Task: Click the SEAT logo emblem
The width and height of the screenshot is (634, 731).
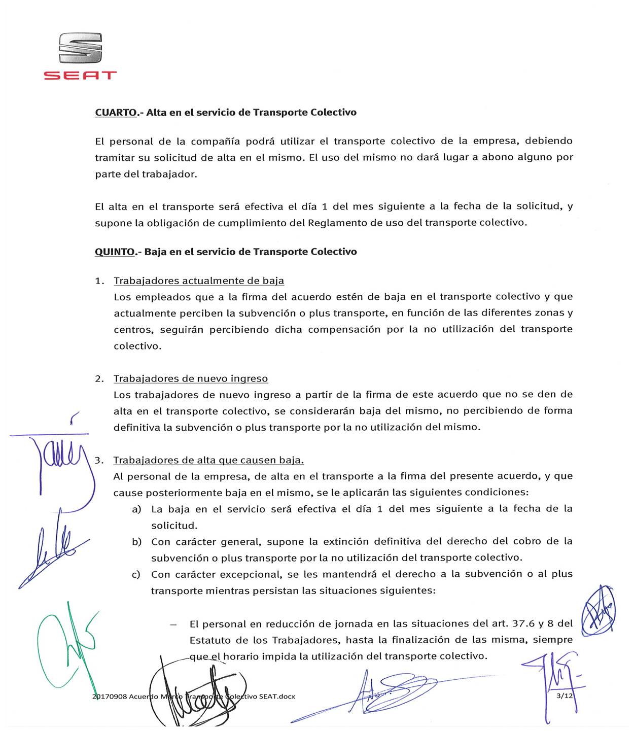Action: click(80, 48)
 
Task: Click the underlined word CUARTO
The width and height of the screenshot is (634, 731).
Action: click(116, 113)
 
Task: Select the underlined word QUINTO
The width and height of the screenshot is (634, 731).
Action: click(115, 252)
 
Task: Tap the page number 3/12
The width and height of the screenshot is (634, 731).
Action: click(565, 695)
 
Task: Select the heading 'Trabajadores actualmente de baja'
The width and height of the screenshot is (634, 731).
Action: click(199, 281)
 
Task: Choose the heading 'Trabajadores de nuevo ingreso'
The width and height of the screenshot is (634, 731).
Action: click(191, 379)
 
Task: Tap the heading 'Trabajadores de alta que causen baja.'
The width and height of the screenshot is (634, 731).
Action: click(208, 461)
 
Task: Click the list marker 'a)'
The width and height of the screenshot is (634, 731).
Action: click(136, 509)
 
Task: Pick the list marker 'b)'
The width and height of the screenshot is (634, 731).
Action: click(136, 542)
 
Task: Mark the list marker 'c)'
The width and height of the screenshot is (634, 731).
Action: click(136, 575)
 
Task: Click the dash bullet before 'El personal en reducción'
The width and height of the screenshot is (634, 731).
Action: click(174, 624)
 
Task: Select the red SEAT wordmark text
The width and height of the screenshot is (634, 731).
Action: click(80, 76)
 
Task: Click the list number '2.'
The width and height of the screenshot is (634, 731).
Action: click(99, 379)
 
